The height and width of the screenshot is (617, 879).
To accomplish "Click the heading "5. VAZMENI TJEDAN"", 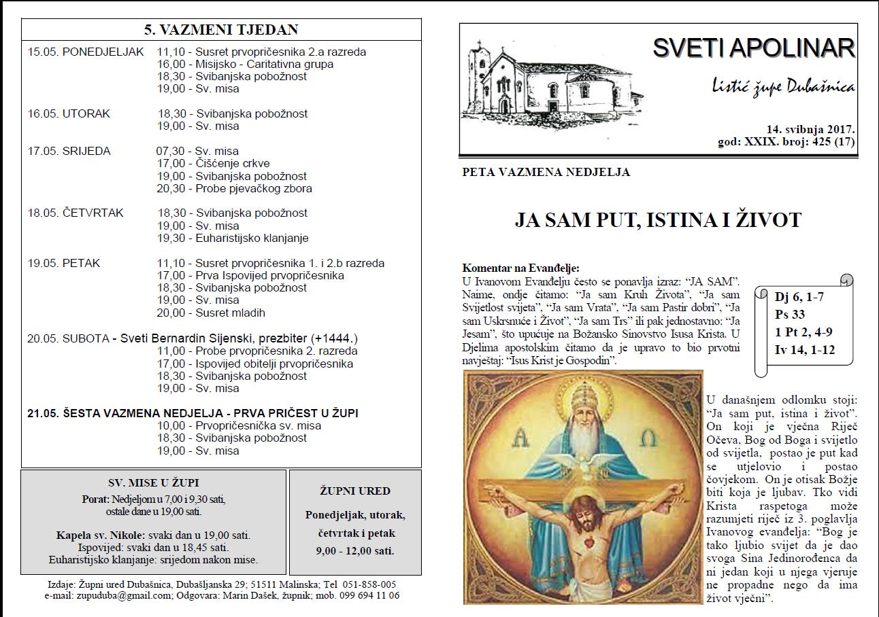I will pos(221,29).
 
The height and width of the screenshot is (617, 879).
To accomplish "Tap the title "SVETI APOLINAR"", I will pos(753,48).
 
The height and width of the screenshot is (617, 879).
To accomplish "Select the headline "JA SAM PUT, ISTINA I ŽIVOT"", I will pos(658,220).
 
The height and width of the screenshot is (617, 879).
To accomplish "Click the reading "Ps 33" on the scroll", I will pos(789,315).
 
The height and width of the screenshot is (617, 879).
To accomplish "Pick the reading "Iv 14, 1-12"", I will pos(804,351).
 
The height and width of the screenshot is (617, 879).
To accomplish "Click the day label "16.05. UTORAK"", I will pos(69,113).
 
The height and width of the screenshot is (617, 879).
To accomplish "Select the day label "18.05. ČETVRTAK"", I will pos(76,213).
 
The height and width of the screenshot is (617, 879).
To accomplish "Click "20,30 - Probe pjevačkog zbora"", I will pos(234,188).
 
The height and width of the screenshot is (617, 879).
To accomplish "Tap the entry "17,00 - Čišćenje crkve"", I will pos(213,163).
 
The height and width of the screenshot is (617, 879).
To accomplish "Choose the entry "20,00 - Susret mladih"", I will pos(211,313).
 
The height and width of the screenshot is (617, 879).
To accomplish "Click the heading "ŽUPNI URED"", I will pos(354,491).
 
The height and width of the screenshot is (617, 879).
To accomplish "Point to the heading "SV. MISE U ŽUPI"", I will pos(154,483).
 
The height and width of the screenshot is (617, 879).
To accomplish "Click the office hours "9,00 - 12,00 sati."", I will pos(354,550).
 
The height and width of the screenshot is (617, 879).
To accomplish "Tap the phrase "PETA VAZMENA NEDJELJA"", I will pos(546,172).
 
